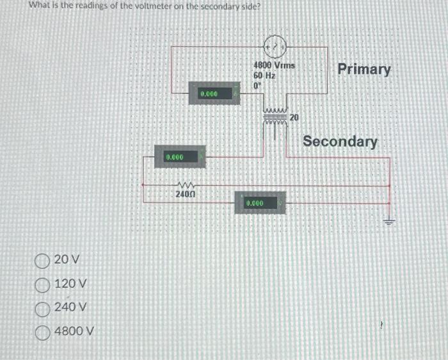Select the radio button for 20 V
click(x=44, y=260)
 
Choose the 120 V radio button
click(x=44, y=284)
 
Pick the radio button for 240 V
click(x=44, y=307)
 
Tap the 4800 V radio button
click(x=44, y=332)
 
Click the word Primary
click(x=364, y=69)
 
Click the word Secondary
click(x=340, y=141)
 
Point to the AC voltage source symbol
click(x=273, y=46)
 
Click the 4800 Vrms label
click(x=273, y=66)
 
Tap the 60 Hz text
click(x=264, y=76)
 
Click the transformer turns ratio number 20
click(x=294, y=117)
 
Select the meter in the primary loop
click(x=212, y=94)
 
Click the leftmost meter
click(x=179, y=157)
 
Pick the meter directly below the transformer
click(x=259, y=203)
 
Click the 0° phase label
click(x=257, y=85)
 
